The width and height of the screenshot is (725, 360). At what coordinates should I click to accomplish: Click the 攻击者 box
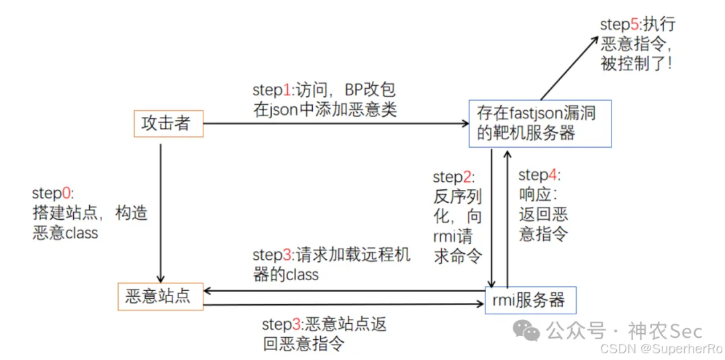pos(168,124)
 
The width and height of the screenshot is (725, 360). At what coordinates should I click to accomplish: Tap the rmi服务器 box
pos(531,300)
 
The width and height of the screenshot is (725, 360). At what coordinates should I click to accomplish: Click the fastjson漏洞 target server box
pos(540,124)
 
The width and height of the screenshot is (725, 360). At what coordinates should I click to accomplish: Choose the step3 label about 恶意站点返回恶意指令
pos(324,334)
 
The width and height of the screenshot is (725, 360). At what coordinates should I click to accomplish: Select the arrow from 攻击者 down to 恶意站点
pos(160,213)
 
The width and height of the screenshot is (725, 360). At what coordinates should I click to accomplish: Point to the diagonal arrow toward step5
pos(566,67)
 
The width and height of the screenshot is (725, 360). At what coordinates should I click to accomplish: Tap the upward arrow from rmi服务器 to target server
pos(507,218)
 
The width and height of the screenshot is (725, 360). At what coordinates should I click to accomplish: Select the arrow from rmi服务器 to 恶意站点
pos(344,291)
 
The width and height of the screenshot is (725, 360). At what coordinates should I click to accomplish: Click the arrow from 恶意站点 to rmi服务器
pos(344,304)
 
